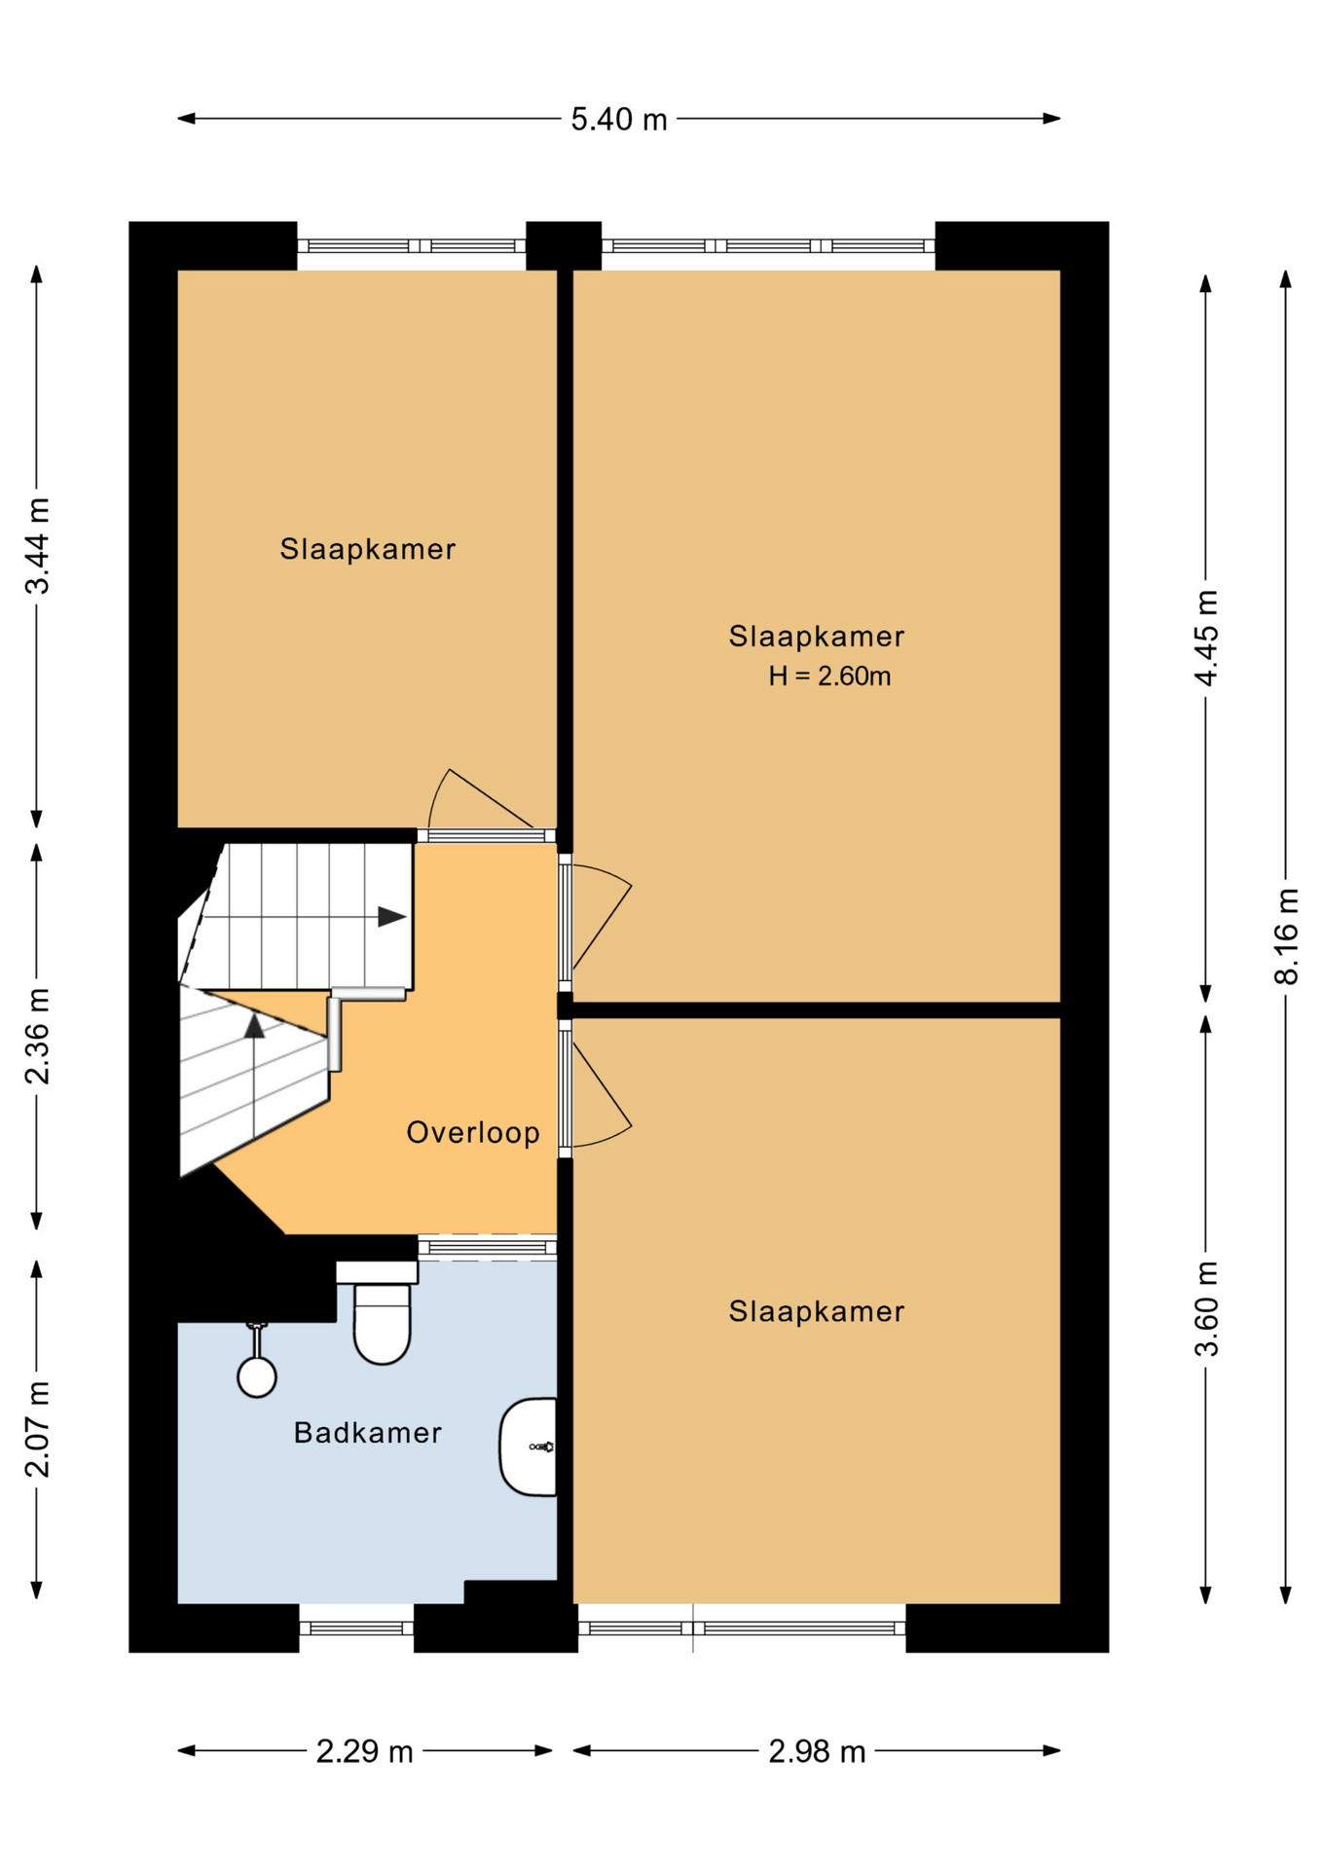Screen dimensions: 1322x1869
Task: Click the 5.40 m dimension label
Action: pyautogui.click(x=618, y=119)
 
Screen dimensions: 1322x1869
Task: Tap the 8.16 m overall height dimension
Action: pyautogui.click(x=1286, y=936)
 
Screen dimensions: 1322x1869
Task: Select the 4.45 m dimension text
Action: pyautogui.click(x=1206, y=638)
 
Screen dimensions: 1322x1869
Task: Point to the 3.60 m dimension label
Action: pyautogui.click(x=1206, y=1307)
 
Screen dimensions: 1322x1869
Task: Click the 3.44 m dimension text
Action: pyautogui.click(x=37, y=545)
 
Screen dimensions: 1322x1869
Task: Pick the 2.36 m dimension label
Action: pyautogui.click(x=37, y=1036)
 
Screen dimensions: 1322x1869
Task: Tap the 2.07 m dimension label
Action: pyautogui.click(x=37, y=1428)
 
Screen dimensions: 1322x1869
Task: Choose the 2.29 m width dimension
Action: pyautogui.click(x=365, y=1751)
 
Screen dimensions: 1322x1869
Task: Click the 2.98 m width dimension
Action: pyautogui.click(x=817, y=1751)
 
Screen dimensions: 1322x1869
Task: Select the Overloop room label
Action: pyautogui.click(x=473, y=1132)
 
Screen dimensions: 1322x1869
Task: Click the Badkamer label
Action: pyautogui.click(x=368, y=1432)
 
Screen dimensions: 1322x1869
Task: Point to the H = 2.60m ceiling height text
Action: pyautogui.click(x=829, y=676)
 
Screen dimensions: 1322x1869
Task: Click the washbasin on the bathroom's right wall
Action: pyautogui.click(x=529, y=1447)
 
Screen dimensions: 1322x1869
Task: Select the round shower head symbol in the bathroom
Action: pyautogui.click(x=257, y=1376)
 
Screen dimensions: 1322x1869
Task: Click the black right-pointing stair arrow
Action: pyautogui.click(x=391, y=916)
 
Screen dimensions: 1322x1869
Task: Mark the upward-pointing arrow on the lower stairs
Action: pyautogui.click(x=254, y=1025)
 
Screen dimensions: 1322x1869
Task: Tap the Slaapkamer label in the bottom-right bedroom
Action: pyautogui.click(x=817, y=1311)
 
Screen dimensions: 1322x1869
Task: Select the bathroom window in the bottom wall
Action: pyautogui.click(x=356, y=1628)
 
